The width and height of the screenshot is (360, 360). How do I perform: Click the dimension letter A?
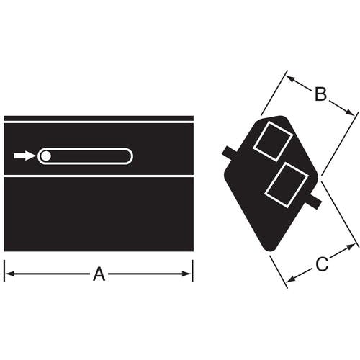pos(99,274)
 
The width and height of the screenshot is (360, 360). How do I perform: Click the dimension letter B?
pos(320,94)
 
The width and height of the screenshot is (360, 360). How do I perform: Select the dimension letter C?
pos(322,264)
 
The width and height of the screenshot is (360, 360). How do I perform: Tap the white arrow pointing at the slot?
pos(24,156)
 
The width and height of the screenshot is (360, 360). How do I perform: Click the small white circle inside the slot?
pos(45,156)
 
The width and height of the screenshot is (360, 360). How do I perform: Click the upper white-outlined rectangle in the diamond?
pos(273,141)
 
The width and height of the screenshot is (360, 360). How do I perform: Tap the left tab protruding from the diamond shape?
pos(230,153)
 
